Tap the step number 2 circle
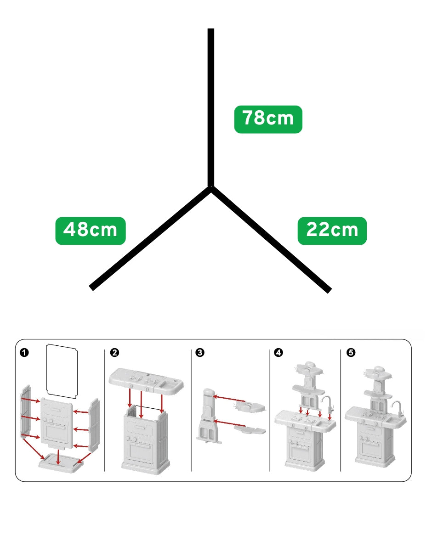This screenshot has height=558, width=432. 114,353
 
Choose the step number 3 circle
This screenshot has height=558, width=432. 199,353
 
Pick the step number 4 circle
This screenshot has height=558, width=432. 278,353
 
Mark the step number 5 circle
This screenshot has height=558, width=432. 351,353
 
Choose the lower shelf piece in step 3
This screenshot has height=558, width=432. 250,429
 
